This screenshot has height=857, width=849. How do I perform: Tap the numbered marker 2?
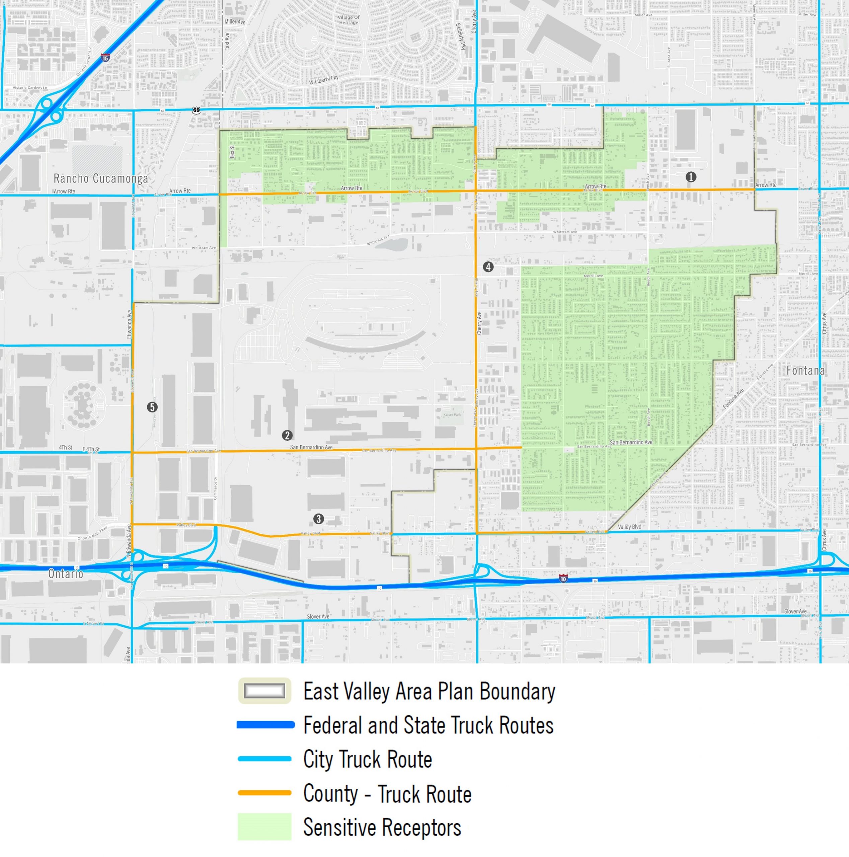click(x=287, y=435)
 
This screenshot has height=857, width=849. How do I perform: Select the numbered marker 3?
click(x=318, y=519)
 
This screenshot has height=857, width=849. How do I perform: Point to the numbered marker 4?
click(x=488, y=266)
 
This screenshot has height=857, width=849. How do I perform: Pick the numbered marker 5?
click(x=152, y=407)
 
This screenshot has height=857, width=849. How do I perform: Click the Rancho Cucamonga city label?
click(x=101, y=179)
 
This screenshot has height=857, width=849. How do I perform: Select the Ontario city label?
click(x=66, y=573)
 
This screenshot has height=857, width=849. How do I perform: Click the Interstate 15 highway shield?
click(x=105, y=58)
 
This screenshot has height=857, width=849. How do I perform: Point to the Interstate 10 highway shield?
click(x=563, y=578)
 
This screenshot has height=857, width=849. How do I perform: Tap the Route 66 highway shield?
click(x=196, y=110)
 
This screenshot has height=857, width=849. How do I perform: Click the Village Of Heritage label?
click(x=349, y=20)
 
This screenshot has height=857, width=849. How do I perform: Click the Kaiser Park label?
click(x=452, y=415)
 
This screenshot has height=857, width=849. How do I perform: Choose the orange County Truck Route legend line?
click(x=264, y=793)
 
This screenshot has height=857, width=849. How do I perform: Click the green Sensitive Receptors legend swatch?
click(x=264, y=827)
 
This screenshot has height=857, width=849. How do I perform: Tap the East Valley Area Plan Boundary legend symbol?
click(x=264, y=691)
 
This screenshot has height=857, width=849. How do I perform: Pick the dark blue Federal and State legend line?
click(x=265, y=725)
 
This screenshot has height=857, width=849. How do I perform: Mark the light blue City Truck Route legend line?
click(x=264, y=759)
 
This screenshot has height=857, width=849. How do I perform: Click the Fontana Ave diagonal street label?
click(x=733, y=398)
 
